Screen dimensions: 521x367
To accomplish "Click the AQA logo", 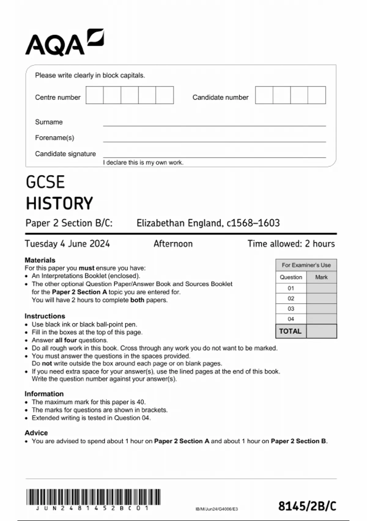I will pyautogui.click(x=64, y=43).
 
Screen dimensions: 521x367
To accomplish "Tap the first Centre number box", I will pyautogui.click(x=95, y=95).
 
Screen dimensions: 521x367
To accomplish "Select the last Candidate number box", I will pyautogui.click(x=317, y=95).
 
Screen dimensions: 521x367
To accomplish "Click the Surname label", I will pyautogui.click(x=49, y=122).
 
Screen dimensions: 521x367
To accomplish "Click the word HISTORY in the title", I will pyautogui.click(x=59, y=203).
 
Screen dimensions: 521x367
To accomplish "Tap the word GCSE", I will pyautogui.click(x=45, y=182).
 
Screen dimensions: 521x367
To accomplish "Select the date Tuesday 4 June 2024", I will pyautogui.click(x=67, y=244).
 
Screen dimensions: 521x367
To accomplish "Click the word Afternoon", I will pyautogui.click(x=173, y=244).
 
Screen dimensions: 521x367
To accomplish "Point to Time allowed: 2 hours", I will pyautogui.click(x=291, y=244).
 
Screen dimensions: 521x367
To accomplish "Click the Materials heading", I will pyautogui.click(x=40, y=260).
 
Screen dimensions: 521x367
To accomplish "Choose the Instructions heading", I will pyautogui.click(x=45, y=316).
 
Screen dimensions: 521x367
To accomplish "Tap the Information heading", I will pyautogui.click(x=44, y=394).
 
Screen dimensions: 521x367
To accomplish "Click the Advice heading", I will pyautogui.click(x=36, y=433).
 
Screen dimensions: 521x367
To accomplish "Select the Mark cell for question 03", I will pyautogui.click(x=321, y=309).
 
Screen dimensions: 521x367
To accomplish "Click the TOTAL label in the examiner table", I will pyautogui.click(x=290, y=331).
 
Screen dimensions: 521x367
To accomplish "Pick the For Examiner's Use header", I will pyautogui.click(x=306, y=265).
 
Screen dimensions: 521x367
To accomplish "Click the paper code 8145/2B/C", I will pyautogui.click(x=307, y=506).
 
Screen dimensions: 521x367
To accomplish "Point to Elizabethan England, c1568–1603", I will pyautogui.click(x=208, y=223).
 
